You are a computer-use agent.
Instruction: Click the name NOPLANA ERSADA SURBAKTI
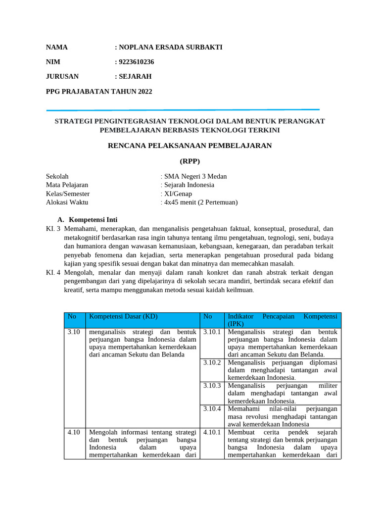[x=170, y=48]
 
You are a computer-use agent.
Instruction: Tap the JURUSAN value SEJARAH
[x=135, y=76]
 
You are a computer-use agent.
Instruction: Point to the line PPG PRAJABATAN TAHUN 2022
[x=99, y=91]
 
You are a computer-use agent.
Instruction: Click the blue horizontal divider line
[x=183, y=110]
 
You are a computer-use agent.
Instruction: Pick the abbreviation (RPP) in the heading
[x=190, y=161]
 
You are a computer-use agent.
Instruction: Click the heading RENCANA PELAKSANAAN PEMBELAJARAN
[x=190, y=146]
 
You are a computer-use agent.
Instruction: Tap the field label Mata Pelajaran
[x=67, y=185]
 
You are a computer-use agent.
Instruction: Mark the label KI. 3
[x=52, y=229]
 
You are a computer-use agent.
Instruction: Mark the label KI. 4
[x=52, y=272]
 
